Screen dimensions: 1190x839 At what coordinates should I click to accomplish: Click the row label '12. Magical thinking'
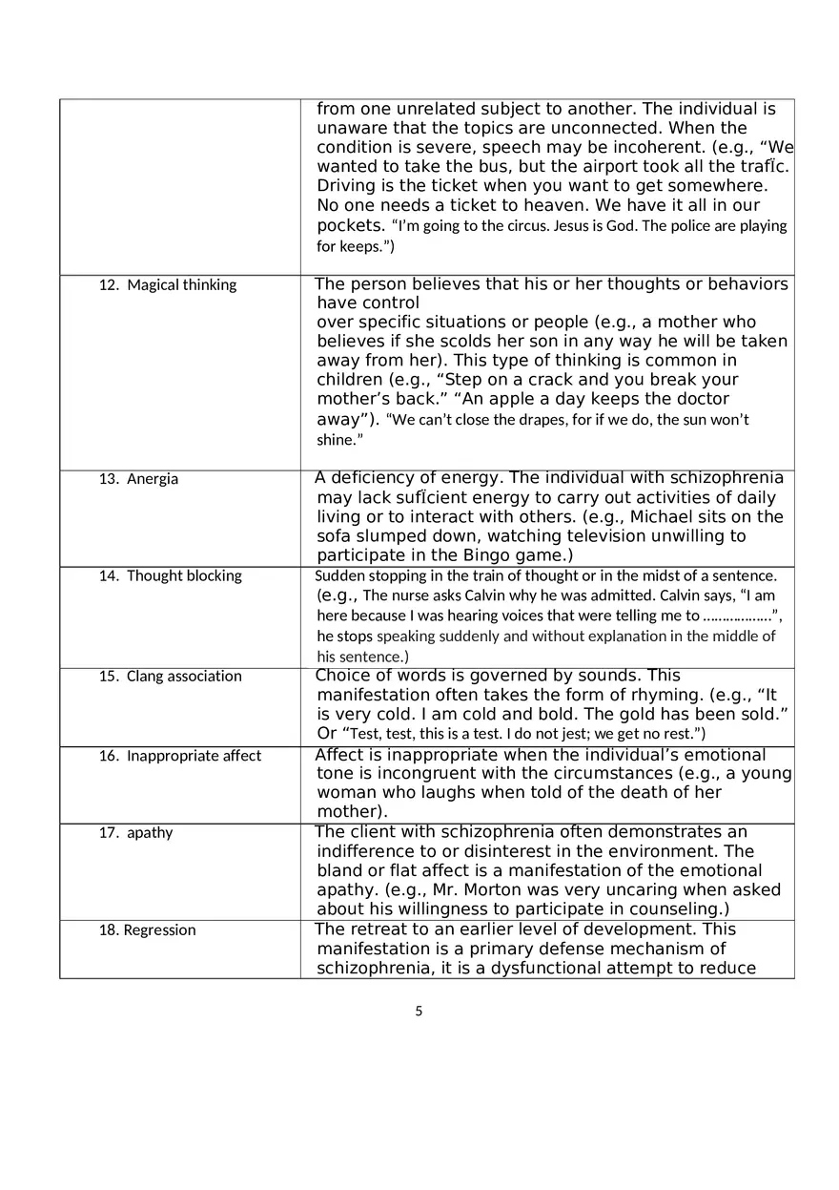click(x=168, y=285)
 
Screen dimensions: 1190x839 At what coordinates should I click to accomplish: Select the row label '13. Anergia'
click(x=139, y=479)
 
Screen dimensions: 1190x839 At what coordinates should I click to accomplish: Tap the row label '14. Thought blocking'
click(x=171, y=576)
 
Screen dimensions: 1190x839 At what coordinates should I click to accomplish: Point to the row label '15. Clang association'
click(x=171, y=677)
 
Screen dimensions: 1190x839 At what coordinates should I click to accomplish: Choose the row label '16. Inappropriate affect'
click(x=180, y=756)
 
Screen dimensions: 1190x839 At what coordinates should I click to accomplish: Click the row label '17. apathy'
click(x=136, y=833)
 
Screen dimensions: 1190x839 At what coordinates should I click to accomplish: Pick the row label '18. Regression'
click(x=148, y=930)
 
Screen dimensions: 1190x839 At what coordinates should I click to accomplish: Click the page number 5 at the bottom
click(x=419, y=1012)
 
